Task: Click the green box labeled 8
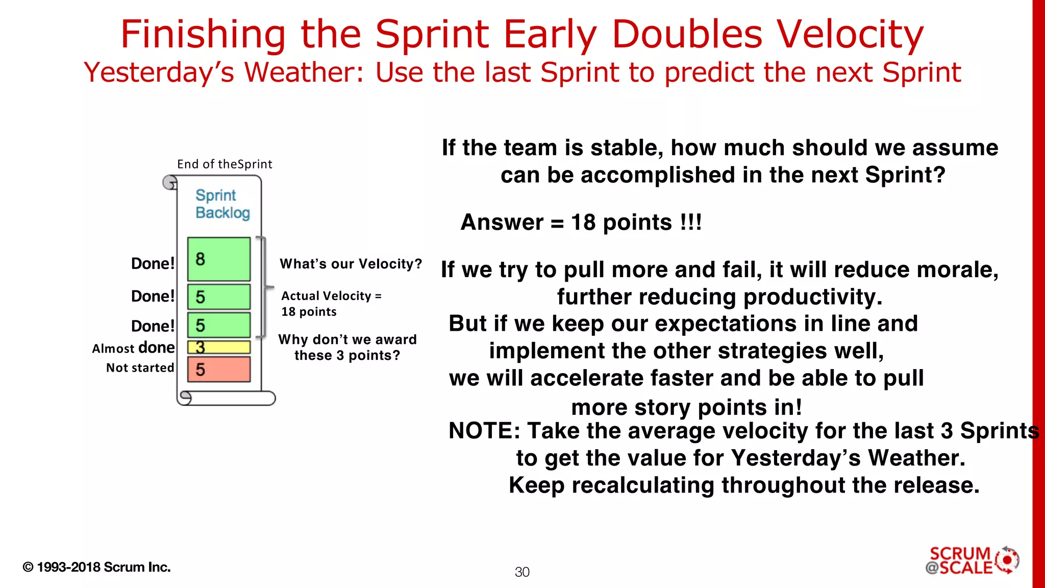[x=218, y=259]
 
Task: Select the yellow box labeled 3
[x=218, y=347]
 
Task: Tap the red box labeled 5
[x=218, y=369]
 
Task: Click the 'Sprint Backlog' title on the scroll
[x=222, y=204]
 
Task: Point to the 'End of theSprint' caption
[x=225, y=164]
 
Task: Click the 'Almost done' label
[x=133, y=348]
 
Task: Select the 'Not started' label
[x=140, y=367]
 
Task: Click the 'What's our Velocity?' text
[x=351, y=264]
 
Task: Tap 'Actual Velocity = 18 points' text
[x=331, y=304]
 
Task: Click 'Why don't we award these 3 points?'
[x=347, y=347]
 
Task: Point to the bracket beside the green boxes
[x=264, y=287]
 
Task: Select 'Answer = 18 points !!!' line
[x=581, y=223]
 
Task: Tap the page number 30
[x=522, y=572]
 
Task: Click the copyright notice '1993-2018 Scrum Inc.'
[x=97, y=567]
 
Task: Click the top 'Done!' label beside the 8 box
[x=153, y=263]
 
